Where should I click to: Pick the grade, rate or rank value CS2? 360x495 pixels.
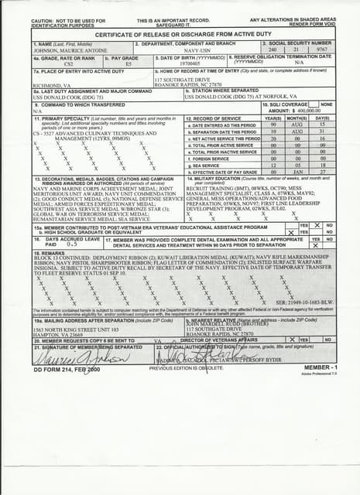click(x=68, y=64)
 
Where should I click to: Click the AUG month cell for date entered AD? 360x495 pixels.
click(x=296, y=125)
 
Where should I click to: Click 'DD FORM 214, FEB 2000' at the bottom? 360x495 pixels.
click(x=66, y=370)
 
